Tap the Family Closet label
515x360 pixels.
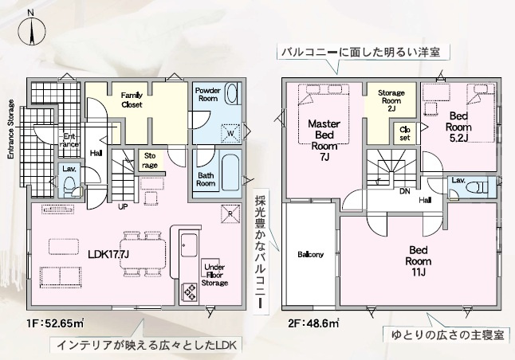pos(132,99)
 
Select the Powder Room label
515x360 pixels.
pos(207,95)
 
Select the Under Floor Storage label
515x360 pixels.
pos(215,275)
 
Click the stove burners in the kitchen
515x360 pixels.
pos(191,292)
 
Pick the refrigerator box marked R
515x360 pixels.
pos(230,213)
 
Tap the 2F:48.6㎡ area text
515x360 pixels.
pos(314,324)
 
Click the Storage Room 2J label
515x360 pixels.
pos(391,100)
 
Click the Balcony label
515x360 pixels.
pos(310,255)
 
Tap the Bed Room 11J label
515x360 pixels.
pos(419,260)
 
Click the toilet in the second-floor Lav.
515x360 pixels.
pos(478,186)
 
